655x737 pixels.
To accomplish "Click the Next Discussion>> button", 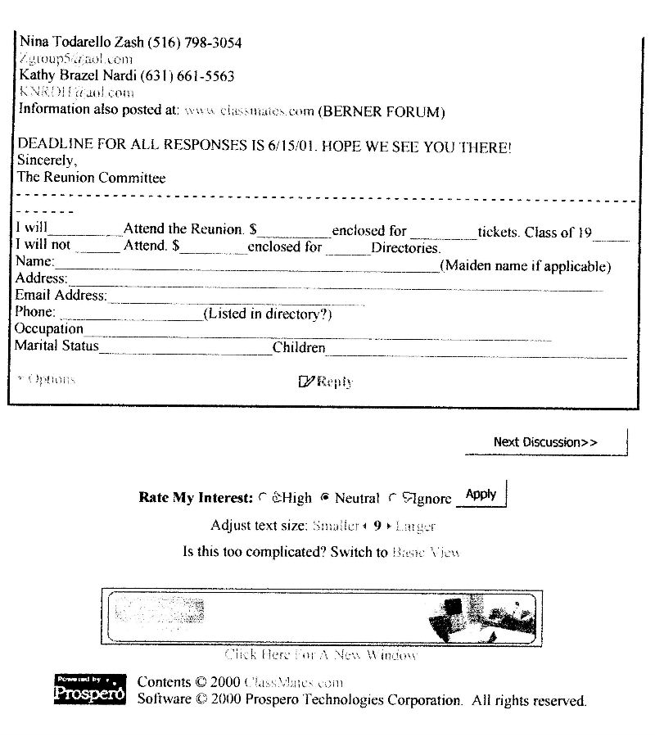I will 545,442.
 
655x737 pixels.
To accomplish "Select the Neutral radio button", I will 325,497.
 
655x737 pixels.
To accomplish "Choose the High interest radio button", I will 262,497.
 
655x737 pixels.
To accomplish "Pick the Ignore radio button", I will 393,497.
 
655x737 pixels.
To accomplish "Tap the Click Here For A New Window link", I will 321,654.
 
